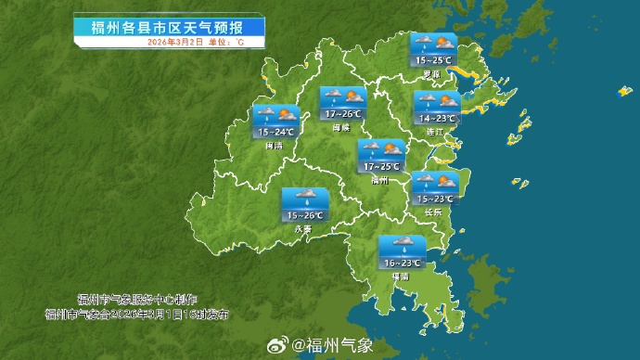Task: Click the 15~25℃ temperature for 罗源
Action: [x=434, y=60]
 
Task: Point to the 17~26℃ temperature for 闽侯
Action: [x=343, y=114]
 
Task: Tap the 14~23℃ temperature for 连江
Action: [x=437, y=119]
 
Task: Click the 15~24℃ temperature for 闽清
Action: [x=275, y=133]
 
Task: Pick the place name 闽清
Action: [x=274, y=145]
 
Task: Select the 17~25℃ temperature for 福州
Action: [x=381, y=167]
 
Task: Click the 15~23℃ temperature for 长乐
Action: [x=434, y=199]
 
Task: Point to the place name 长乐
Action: [x=433, y=211]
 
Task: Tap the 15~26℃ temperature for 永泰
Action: [x=304, y=215]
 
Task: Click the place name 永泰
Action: [x=302, y=227]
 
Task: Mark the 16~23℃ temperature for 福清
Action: [x=402, y=264]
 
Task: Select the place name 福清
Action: [x=401, y=276]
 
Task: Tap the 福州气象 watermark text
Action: [x=333, y=346]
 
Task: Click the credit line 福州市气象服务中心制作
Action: [x=137, y=300]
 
